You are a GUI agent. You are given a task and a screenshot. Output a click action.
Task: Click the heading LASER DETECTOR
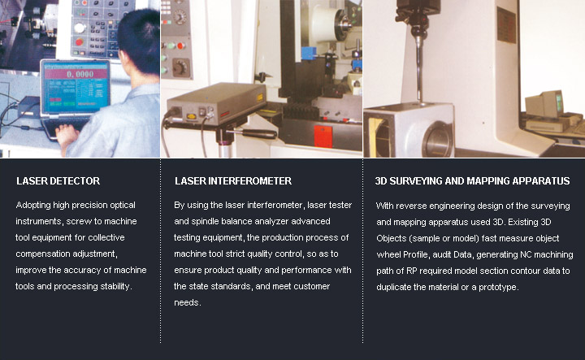click(x=58, y=181)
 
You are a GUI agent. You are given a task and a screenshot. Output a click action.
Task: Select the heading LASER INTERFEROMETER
click(x=233, y=181)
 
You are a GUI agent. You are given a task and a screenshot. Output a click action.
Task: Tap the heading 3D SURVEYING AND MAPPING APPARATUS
click(x=472, y=181)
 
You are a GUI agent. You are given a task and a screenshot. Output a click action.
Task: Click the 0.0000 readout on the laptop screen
click(x=80, y=74)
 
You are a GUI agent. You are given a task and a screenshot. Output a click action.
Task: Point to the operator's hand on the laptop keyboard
click(x=67, y=132)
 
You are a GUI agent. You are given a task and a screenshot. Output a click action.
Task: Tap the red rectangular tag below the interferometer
click(x=323, y=137)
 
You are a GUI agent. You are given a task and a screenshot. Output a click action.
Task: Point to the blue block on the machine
click(x=309, y=53)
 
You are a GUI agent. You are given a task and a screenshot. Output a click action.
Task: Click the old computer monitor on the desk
click(x=544, y=104)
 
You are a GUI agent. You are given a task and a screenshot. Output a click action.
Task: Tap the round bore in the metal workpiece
click(x=437, y=139)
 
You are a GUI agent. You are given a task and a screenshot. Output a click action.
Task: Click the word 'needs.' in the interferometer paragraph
click(x=188, y=302)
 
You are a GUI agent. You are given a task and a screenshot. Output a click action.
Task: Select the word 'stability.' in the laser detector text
click(x=116, y=286)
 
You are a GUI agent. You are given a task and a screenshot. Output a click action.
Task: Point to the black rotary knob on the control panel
click(x=180, y=67)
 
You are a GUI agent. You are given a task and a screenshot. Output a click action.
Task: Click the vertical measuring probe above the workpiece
click(x=419, y=67)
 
